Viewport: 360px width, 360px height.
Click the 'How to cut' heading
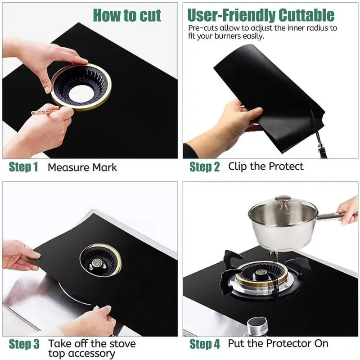(126, 15)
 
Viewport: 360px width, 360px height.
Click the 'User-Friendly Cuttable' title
(261, 15)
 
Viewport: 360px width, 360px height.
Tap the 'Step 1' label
(23, 167)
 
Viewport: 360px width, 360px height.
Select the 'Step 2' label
(204, 167)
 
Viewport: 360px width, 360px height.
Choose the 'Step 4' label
(205, 345)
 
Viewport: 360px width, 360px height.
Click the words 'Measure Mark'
(82, 167)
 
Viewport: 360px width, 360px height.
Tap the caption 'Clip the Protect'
(265, 166)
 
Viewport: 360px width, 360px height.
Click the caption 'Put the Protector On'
(278, 344)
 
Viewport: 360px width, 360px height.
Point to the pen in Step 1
(45, 111)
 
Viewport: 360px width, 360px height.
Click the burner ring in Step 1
(81, 87)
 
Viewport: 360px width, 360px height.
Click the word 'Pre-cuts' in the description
(201, 28)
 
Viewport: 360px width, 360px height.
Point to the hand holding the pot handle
(349, 209)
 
